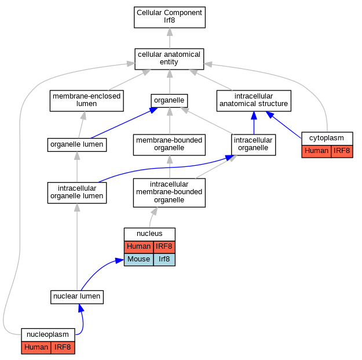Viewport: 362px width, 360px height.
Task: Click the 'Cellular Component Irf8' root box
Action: [170, 17]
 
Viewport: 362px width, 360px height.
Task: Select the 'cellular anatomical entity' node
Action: [169, 59]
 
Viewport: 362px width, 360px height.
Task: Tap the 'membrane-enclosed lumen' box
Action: [86, 101]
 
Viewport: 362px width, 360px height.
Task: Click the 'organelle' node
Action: [169, 101]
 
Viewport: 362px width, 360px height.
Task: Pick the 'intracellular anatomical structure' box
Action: [254, 101]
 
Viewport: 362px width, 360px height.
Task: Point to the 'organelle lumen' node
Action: [77, 145]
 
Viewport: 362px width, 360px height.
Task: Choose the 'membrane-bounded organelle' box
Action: [169, 145]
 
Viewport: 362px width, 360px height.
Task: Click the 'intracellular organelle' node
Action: [253, 145]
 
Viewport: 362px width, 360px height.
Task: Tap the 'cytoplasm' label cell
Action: [327, 139]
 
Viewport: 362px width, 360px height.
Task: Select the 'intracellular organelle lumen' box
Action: [77, 193]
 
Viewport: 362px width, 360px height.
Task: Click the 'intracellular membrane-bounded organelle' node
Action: [169, 192]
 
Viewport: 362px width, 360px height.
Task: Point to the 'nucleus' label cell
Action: [149, 234]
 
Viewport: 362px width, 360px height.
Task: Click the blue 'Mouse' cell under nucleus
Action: [139, 260]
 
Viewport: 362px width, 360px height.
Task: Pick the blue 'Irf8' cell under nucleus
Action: [164, 260]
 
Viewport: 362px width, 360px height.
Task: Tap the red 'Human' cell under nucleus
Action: [139, 247]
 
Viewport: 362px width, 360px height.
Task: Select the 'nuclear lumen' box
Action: [77, 297]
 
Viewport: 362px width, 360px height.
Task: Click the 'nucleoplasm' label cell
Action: [48, 335]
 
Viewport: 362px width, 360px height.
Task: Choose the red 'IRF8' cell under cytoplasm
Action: [342, 151]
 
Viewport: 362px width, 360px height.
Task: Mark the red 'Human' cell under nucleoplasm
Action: [36, 347]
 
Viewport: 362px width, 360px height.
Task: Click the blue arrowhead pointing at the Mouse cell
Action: [119, 261]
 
